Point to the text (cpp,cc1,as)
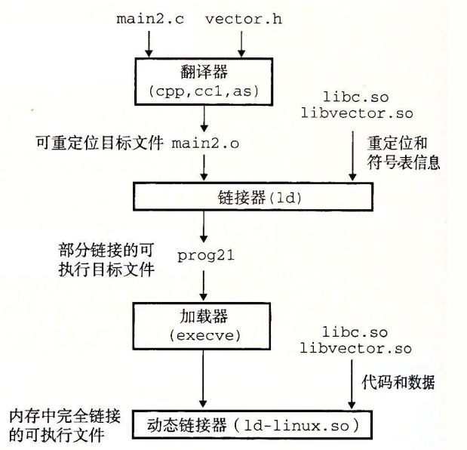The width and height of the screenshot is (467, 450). pyautogui.click(x=201, y=92)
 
